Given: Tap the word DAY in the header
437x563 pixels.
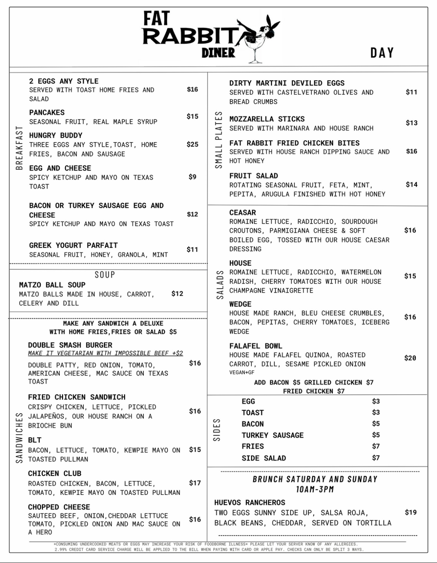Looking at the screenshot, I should click(382, 53).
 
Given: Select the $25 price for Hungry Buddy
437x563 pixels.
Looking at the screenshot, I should click(192, 144).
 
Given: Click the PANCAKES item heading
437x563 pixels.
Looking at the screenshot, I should click(47, 113).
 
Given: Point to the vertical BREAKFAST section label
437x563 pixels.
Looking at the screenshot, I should click(19, 148).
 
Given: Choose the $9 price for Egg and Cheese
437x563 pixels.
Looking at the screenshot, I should click(192, 177).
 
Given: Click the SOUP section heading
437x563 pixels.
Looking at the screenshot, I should click(105, 275).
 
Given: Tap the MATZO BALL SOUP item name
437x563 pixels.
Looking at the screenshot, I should click(52, 285).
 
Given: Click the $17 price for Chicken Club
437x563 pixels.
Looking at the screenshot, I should click(195, 483).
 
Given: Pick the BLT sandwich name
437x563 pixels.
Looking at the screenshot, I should click(35, 440).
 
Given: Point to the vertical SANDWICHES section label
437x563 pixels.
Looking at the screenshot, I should click(19, 438).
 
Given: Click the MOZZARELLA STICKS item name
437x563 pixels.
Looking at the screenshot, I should click(267, 119).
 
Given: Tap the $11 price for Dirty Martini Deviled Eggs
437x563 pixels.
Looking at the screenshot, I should click(411, 92).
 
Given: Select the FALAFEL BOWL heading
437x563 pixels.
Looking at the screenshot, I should click(256, 346).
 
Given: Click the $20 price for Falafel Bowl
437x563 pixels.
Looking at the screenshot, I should click(410, 358).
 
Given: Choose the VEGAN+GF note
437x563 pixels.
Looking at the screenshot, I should click(242, 372).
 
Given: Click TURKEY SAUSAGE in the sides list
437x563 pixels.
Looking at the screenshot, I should click(272, 435).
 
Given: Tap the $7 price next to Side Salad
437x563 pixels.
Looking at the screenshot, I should click(376, 458).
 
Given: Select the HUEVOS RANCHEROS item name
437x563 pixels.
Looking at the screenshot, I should click(250, 503).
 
